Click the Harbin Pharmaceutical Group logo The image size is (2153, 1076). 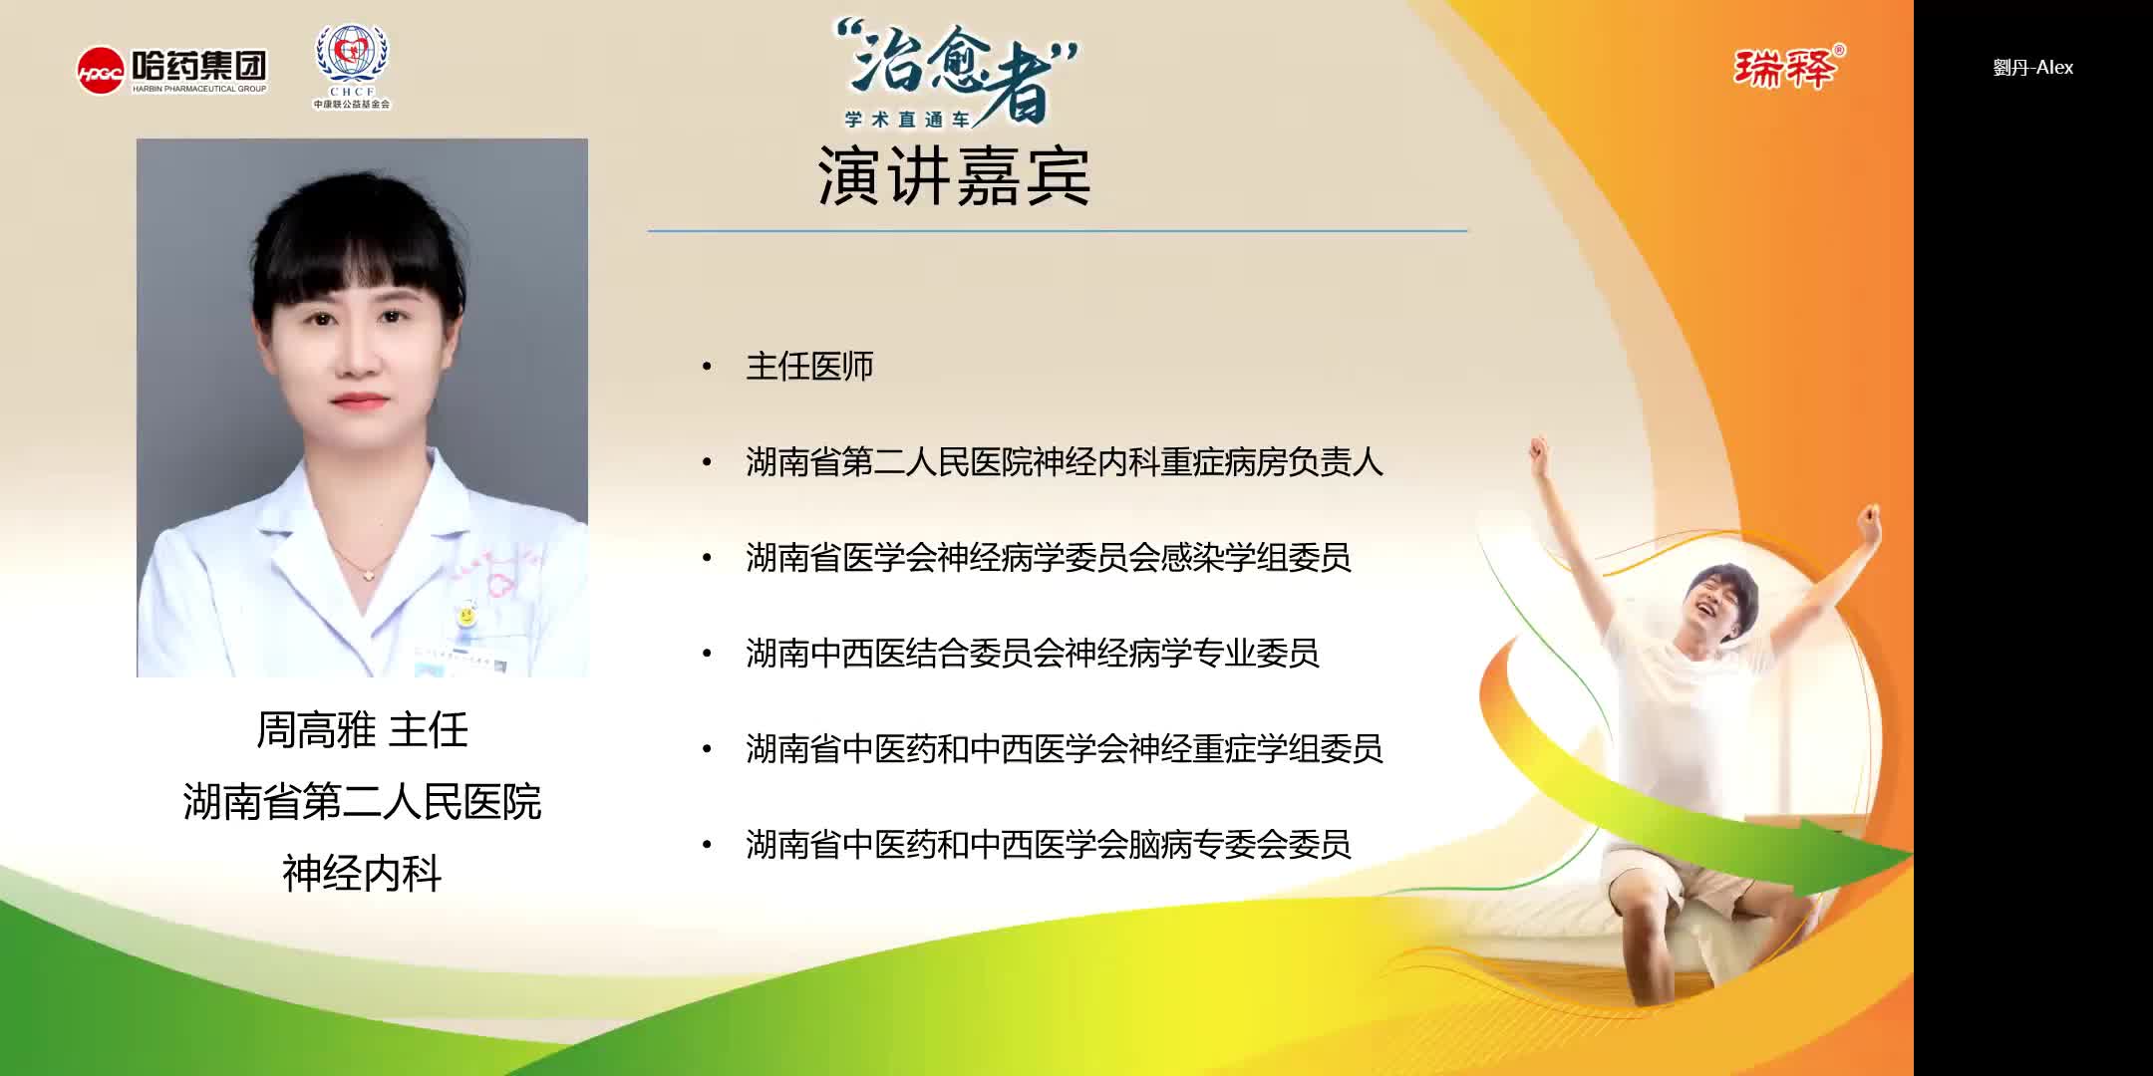click(x=172, y=70)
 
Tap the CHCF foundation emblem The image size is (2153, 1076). click(x=352, y=65)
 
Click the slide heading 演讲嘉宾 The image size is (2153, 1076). click(x=954, y=176)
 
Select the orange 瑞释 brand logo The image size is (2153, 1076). click(x=1788, y=68)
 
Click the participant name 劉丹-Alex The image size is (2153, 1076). click(x=2032, y=68)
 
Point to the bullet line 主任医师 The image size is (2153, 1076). click(x=809, y=367)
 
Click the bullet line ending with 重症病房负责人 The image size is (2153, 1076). click(x=1064, y=462)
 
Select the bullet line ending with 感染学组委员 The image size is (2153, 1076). click(x=1048, y=558)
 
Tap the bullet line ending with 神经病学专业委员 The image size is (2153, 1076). click(x=1032, y=654)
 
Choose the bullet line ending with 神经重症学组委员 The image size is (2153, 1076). click(x=1064, y=749)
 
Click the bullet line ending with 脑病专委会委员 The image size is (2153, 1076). click(x=1048, y=845)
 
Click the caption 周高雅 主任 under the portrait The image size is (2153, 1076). click(x=362, y=730)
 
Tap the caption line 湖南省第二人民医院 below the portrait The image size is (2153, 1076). click(x=362, y=802)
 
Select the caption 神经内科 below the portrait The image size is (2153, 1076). click(x=362, y=874)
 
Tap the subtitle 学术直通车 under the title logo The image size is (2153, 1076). click(x=907, y=120)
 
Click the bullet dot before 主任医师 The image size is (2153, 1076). click(x=708, y=367)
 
